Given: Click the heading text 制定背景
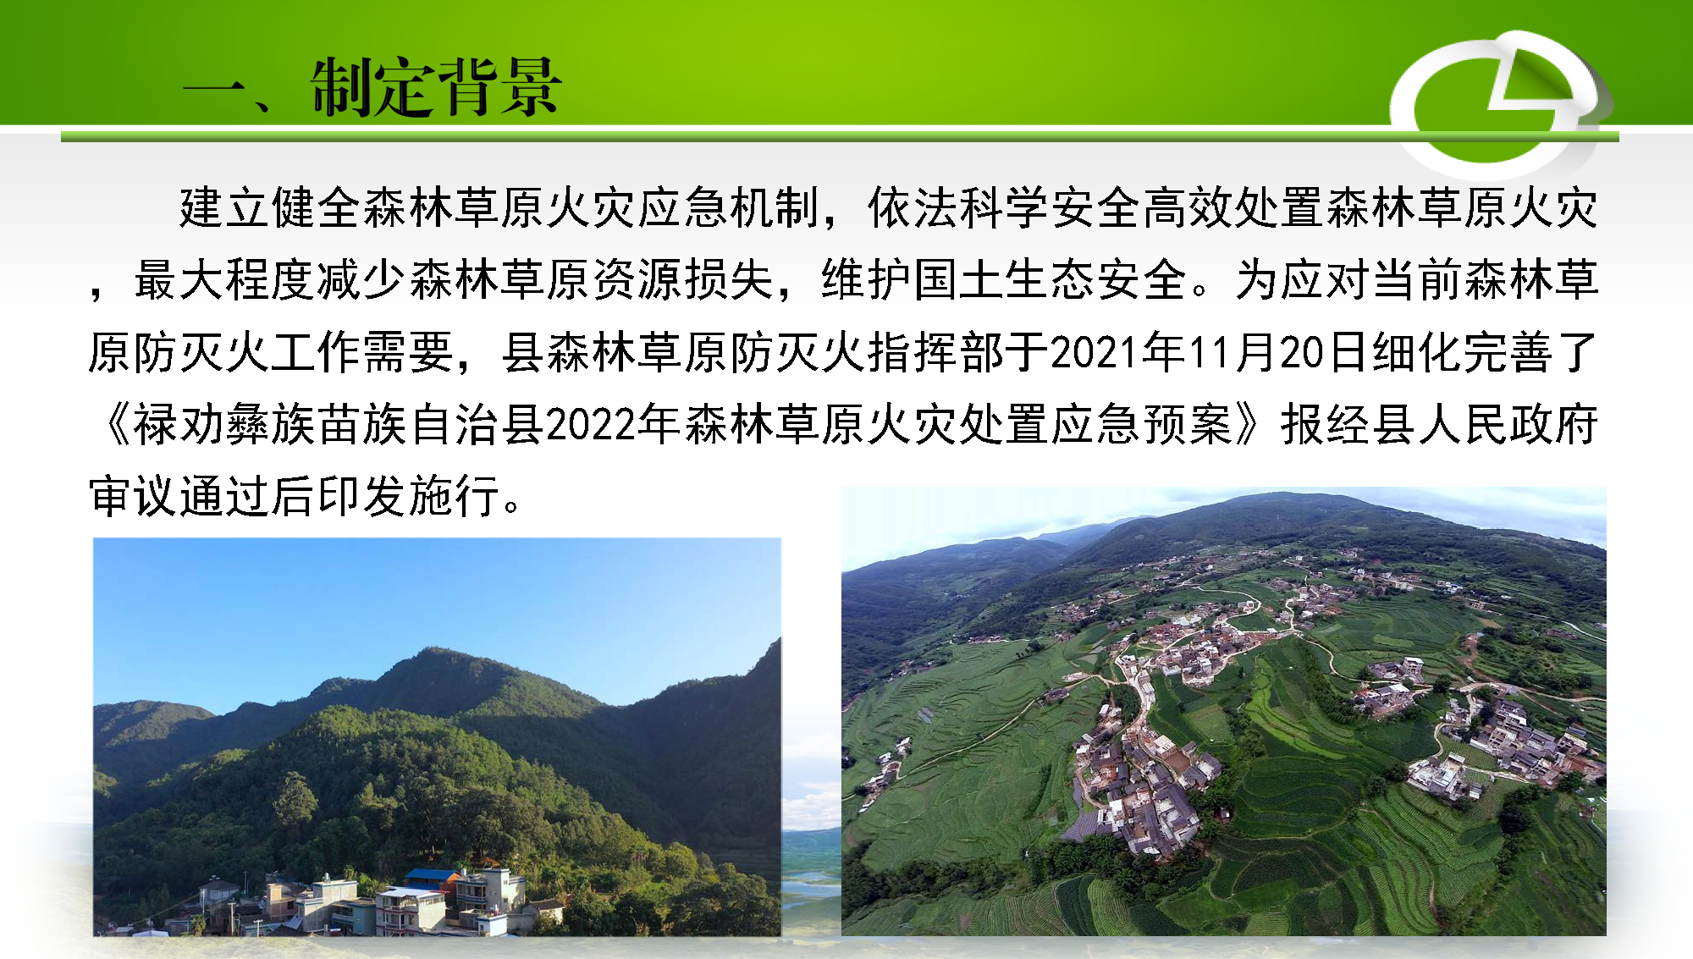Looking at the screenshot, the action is coord(435,87).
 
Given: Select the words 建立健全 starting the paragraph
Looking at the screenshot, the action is coord(270,207).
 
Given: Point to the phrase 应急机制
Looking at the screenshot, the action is coord(730,207).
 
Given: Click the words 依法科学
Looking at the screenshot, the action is coord(958,207).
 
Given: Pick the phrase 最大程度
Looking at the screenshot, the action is coord(224,280).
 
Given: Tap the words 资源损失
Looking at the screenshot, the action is coord(683,280).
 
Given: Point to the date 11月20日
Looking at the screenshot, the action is coord(1278,352).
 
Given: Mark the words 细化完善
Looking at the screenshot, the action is coord(1462,352).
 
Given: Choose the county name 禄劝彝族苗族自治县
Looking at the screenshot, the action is coord(339,424).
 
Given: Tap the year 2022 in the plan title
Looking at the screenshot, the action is coord(591,424).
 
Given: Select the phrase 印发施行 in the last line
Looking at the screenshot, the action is coord(409,496).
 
